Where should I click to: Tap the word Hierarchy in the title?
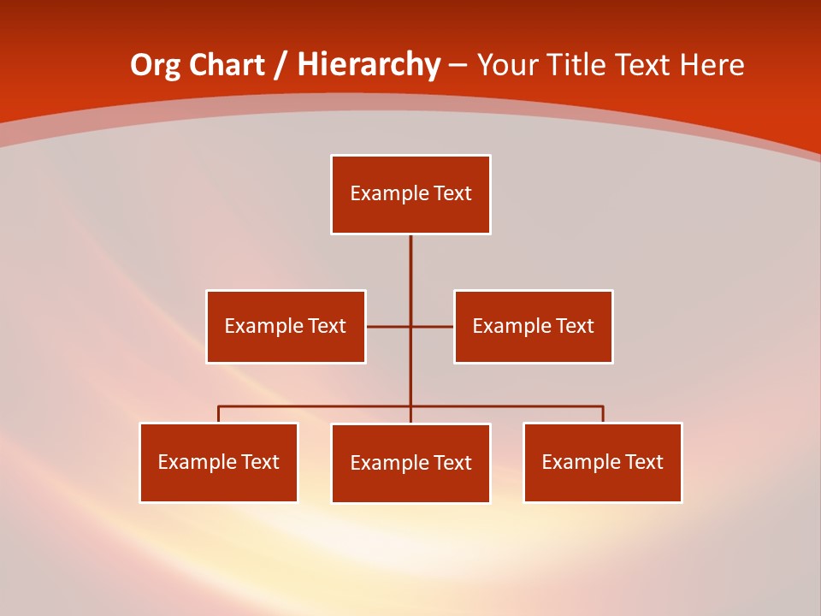pyautogui.click(x=369, y=65)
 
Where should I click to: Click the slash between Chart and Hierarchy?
pyautogui.click(x=281, y=65)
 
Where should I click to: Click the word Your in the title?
pyautogui.click(x=507, y=65)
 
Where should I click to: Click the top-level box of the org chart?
pyautogui.click(x=410, y=194)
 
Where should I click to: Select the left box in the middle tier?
pyautogui.click(x=286, y=326)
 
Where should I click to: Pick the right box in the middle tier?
pyautogui.click(x=533, y=326)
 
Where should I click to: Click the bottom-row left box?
pyautogui.click(x=219, y=462)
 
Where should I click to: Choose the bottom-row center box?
pyautogui.click(x=410, y=463)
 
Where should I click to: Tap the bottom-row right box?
pyautogui.click(x=603, y=462)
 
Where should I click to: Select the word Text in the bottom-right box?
pyautogui.click(x=644, y=462)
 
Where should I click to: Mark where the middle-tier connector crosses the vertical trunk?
pyautogui.click(x=410, y=326)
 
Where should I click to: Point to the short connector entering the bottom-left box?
pyautogui.click(x=219, y=414)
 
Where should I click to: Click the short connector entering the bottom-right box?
pyautogui.click(x=603, y=414)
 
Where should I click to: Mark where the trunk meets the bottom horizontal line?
pyautogui.click(x=410, y=406)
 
